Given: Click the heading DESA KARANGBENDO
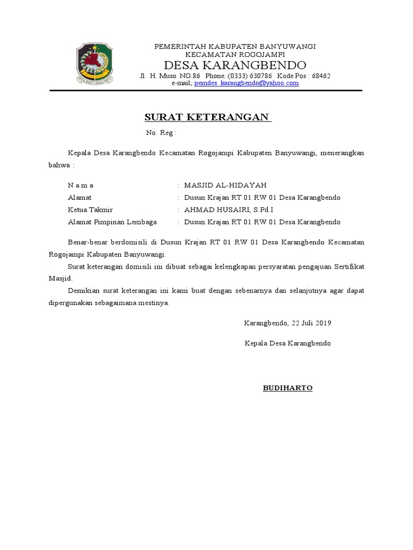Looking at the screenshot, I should [235, 65].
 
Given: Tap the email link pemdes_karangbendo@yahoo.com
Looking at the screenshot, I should [246, 83].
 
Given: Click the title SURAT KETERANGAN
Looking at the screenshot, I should [208, 117].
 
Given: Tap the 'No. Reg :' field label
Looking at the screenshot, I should [161, 133].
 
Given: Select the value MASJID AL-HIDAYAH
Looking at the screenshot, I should [225, 185].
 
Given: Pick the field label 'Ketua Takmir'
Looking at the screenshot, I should [90, 209].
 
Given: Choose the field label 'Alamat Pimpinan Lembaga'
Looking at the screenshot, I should [112, 222].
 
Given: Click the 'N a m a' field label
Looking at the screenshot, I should [81, 185].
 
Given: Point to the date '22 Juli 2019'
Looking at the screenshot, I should [311, 323].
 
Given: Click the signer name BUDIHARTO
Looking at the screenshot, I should [288, 388].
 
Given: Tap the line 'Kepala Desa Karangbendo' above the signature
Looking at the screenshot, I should [288, 343].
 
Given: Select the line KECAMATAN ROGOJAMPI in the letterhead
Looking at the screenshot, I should [235, 54].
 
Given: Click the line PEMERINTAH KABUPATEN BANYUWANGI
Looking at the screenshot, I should [235, 46].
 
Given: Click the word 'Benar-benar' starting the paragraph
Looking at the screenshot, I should [87, 242].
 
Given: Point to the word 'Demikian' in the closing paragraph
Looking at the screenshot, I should [84, 291].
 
